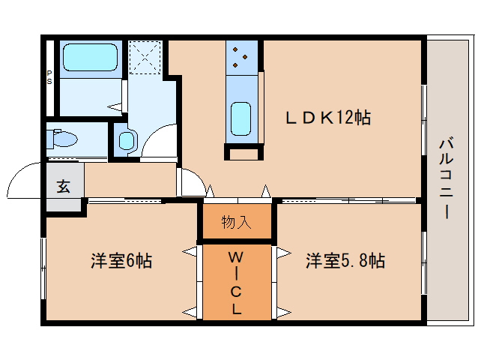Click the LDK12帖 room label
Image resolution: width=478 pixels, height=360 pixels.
pyautogui.click(x=327, y=118)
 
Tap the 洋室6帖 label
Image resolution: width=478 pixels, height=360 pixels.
pyautogui.click(x=121, y=261)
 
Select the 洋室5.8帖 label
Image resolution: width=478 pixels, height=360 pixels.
pyautogui.click(x=345, y=261)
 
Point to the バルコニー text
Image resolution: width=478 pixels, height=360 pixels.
pyautogui.click(x=447, y=177)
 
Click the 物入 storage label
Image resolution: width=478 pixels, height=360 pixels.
pyautogui.click(x=236, y=222)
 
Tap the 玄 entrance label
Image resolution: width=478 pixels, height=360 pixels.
pyautogui.click(x=64, y=187)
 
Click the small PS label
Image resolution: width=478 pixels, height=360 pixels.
pyautogui.click(x=49, y=77)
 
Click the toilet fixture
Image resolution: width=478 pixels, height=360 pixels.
pyautogui.click(x=63, y=139)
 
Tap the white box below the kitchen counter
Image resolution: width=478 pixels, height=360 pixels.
pyautogui.click(x=244, y=154)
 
